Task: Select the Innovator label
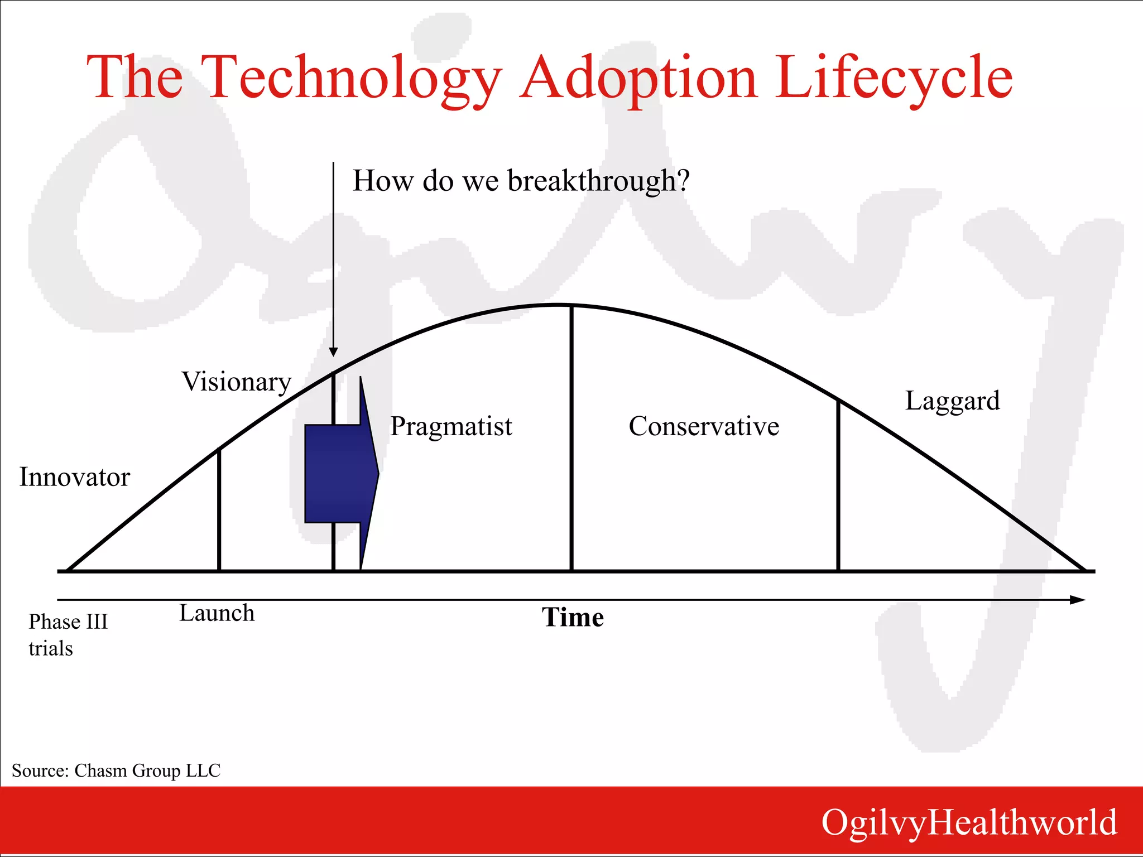[74, 478]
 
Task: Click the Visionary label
[237, 383]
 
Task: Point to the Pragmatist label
[451, 427]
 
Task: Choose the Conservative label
[704, 427]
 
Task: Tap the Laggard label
[952, 401]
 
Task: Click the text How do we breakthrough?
[521, 181]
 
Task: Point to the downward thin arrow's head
[333, 352]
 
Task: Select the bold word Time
[573, 618]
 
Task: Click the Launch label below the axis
[217, 613]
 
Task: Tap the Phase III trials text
[67, 635]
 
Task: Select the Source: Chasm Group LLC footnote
[116, 771]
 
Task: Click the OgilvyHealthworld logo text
[969, 822]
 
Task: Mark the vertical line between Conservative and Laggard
[838, 485]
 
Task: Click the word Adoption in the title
[637, 78]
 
